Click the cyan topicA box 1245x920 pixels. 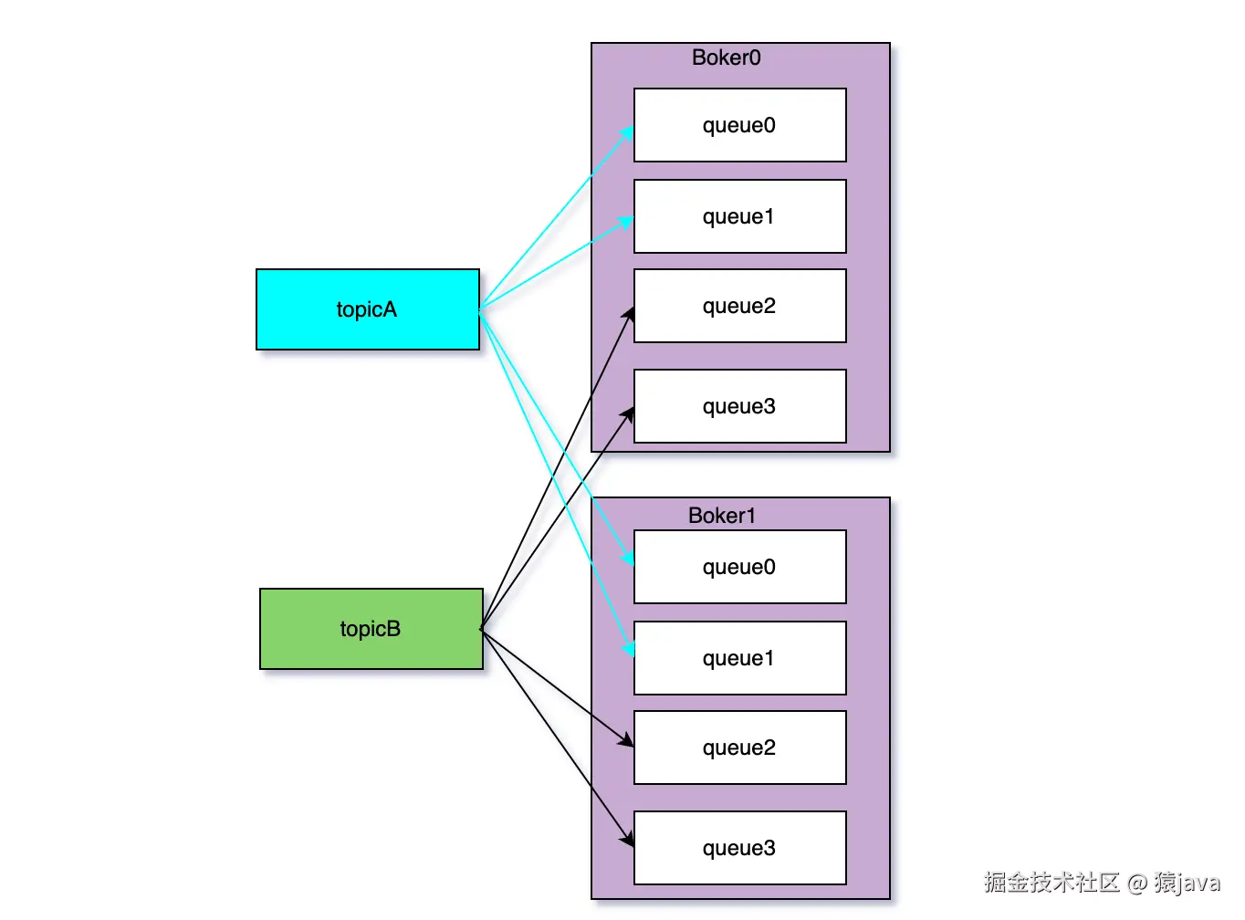click(367, 309)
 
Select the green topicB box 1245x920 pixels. click(371, 629)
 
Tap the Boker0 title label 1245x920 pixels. click(726, 57)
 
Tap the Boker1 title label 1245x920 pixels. click(721, 516)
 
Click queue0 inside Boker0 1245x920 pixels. click(739, 125)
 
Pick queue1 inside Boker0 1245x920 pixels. click(739, 216)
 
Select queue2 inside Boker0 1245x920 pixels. click(739, 306)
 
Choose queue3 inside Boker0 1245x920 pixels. click(739, 406)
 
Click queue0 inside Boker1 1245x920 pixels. click(739, 567)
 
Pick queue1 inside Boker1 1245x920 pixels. click(739, 658)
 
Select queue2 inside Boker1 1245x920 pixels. click(739, 747)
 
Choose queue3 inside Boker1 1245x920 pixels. click(739, 848)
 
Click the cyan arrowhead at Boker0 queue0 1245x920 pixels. click(627, 133)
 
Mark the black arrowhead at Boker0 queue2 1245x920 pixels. click(628, 313)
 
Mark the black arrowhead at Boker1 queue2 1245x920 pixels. click(626, 741)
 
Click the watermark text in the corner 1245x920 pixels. click(1102, 883)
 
